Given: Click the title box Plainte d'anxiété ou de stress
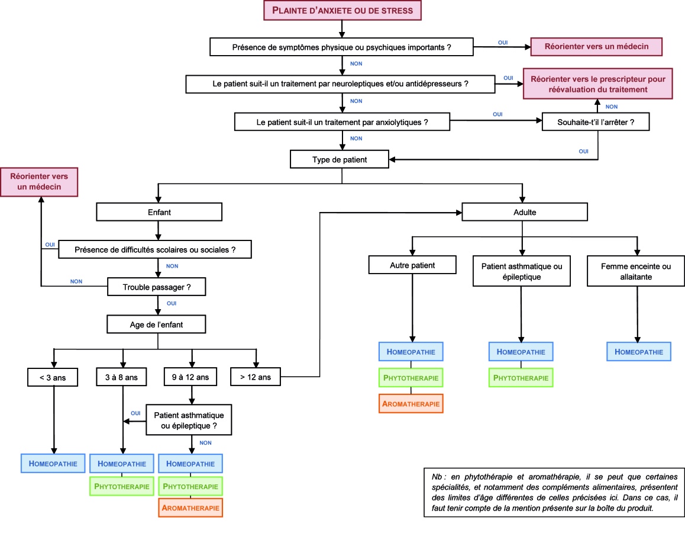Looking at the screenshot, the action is tap(342, 11).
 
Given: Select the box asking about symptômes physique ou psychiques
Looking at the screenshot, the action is tap(342, 47).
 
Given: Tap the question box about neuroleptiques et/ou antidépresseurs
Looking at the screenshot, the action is tap(340, 84).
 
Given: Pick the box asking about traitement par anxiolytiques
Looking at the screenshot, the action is tap(342, 122).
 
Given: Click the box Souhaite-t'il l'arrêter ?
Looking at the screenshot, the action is tap(596, 122).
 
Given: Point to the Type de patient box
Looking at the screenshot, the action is tap(340, 159).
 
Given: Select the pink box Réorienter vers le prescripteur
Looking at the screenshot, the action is tap(597, 84).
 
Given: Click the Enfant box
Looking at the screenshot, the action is tap(159, 212).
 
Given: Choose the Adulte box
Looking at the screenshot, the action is tap(525, 212).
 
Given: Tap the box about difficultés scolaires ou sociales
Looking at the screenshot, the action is tap(155, 250).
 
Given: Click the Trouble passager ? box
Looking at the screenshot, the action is tap(156, 287).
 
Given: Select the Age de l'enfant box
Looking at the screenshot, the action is tap(156, 325).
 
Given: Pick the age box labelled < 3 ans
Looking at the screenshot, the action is tap(53, 377).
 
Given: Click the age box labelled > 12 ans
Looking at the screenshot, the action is tap(256, 377).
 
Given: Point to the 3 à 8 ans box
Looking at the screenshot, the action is tap(121, 377).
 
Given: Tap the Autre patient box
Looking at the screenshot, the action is tap(412, 265).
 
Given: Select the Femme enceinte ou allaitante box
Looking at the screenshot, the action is tap(636, 271).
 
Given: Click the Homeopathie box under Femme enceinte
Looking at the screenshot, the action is tap(639, 352).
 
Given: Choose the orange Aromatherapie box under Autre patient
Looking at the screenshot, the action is tap(411, 403).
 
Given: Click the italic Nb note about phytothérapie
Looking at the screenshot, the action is tap(554, 492).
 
